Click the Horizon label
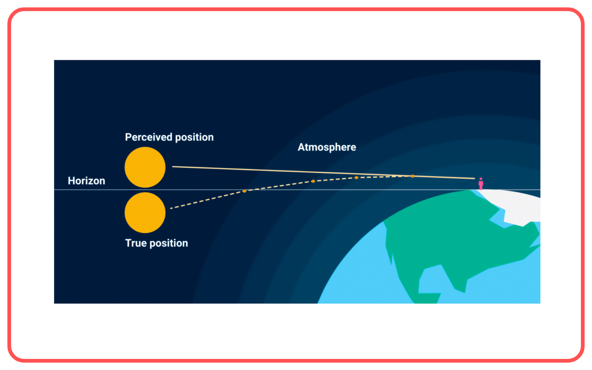point(86,181)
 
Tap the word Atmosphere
point(327,147)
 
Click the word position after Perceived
point(194,137)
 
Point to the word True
point(136,243)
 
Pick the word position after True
point(169,243)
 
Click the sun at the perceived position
point(145,167)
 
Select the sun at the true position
point(145,213)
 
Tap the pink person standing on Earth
point(481,184)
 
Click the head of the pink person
point(481,179)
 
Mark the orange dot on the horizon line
point(245,191)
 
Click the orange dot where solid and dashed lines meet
point(413,176)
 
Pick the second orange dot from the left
point(313,181)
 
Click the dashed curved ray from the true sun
point(207,200)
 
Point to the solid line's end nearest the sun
point(173,166)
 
